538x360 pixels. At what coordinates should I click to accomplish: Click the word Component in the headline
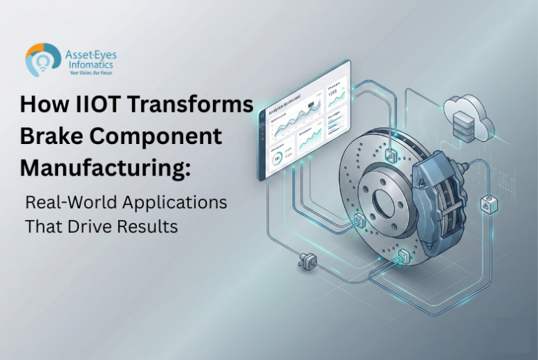pos(157,136)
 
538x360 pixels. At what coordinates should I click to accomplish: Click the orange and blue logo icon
pos(40,59)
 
